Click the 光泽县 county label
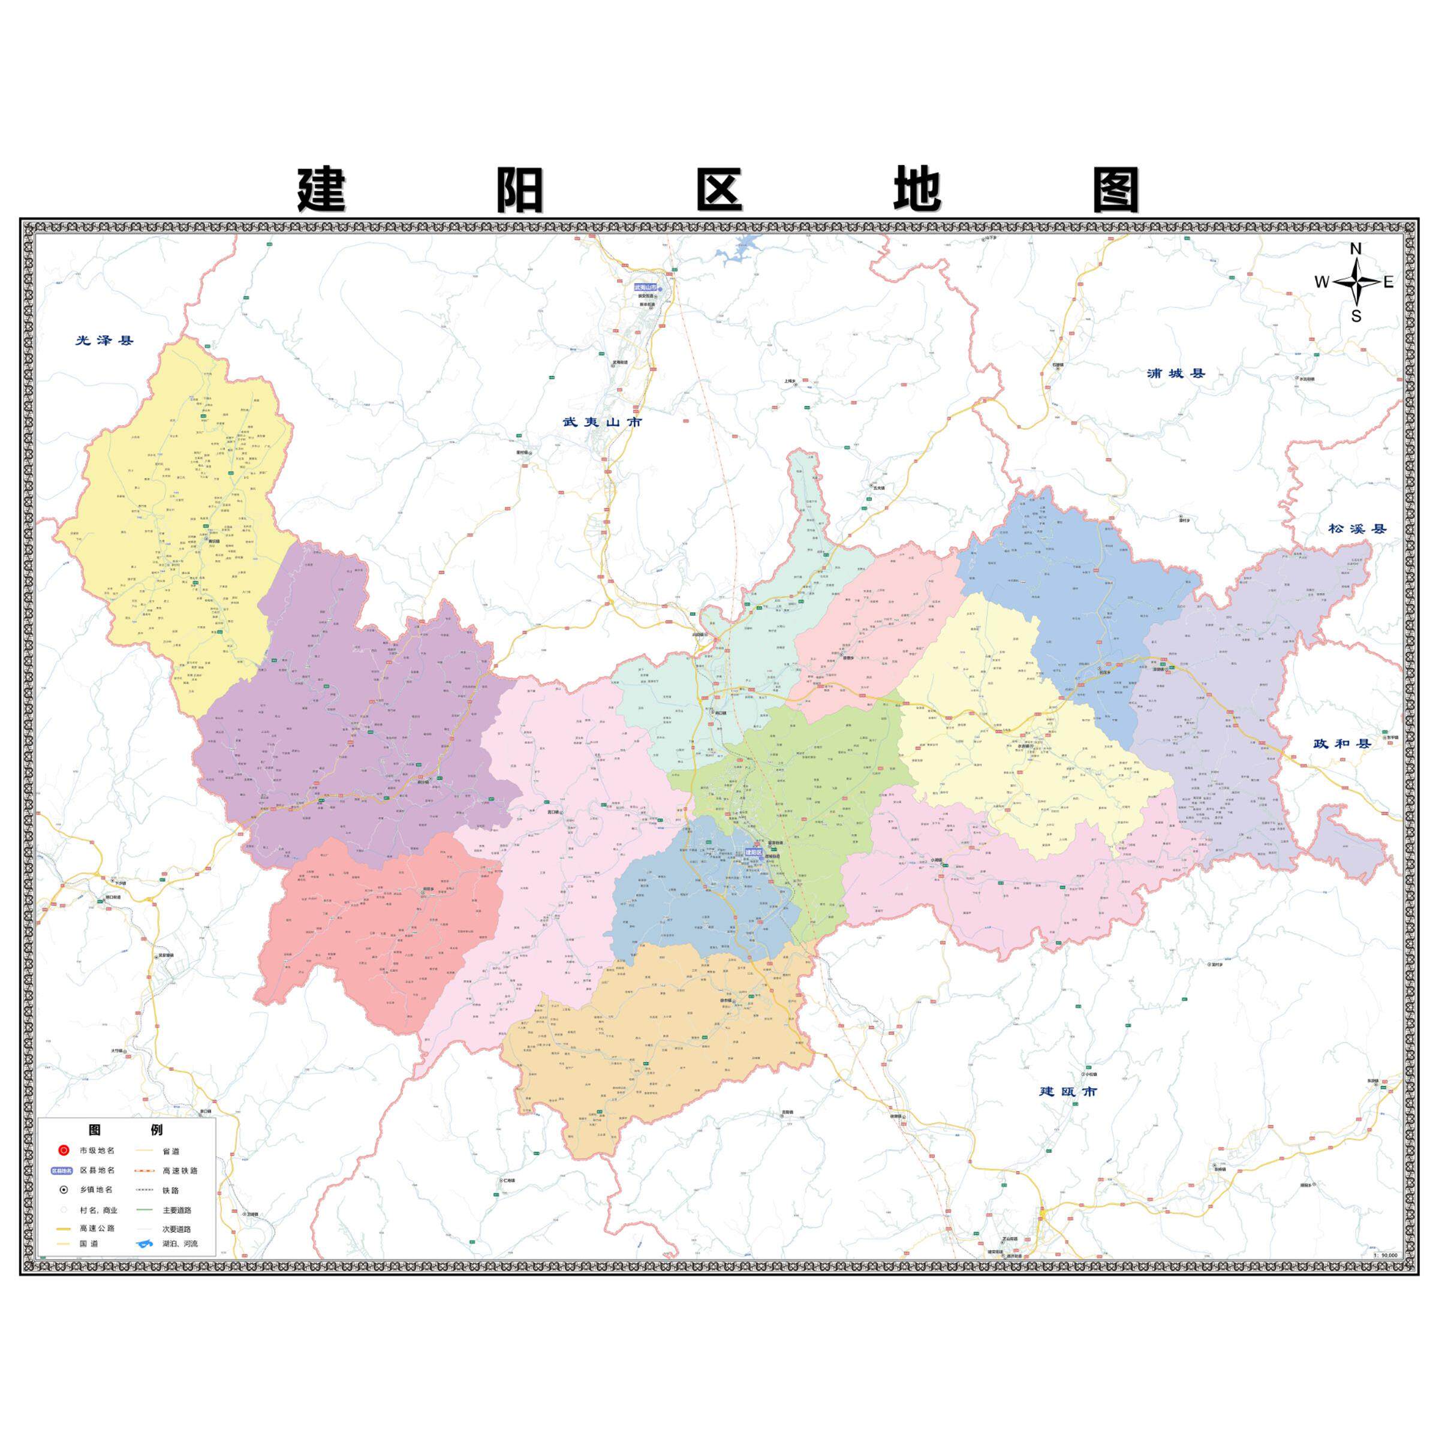[x=104, y=341]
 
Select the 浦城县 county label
[x=1176, y=373]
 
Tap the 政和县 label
[x=1342, y=743]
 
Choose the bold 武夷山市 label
[x=602, y=422]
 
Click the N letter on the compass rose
[x=1356, y=249]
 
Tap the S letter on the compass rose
[x=1356, y=317]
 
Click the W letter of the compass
[x=1321, y=282]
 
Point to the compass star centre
[x=1356, y=282]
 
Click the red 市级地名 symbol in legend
[x=64, y=1150]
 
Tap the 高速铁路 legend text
[x=180, y=1170]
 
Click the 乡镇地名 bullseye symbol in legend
[x=64, y=1190]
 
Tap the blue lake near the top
[x=741, y=249]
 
